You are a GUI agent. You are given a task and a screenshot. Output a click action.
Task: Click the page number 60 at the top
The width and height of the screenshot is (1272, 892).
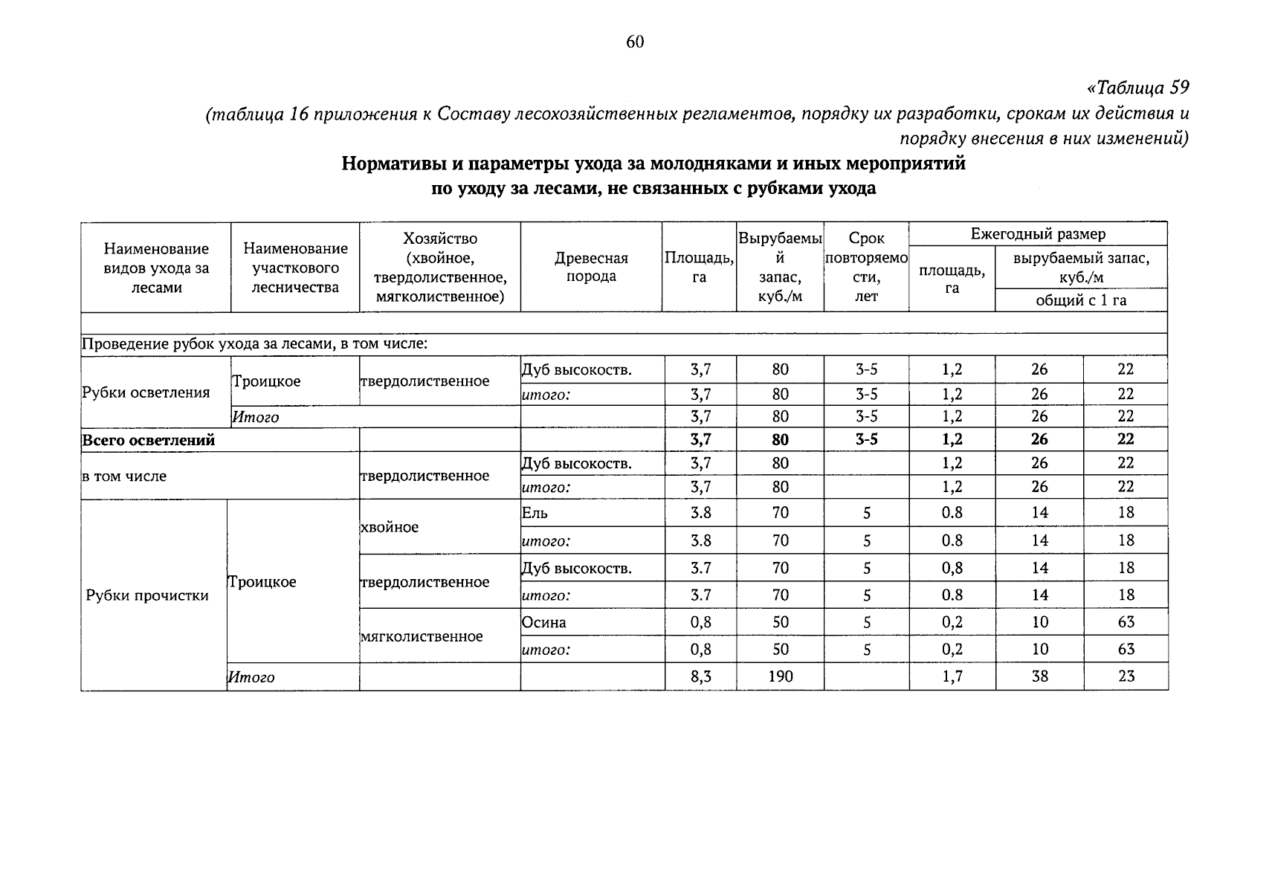coord(635,42)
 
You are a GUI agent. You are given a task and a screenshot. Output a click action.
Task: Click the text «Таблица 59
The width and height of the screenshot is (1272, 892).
coord(1137,88)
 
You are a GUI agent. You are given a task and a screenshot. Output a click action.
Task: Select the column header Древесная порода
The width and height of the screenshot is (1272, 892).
coord(591,267)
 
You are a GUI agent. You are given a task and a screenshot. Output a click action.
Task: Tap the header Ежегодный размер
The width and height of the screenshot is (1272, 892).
coord(1038,234)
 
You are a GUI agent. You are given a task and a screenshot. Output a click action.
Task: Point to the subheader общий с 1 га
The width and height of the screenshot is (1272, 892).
coord(1081,300)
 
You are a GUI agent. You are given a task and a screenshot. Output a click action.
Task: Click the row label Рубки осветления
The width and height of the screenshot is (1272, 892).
coord(146,392)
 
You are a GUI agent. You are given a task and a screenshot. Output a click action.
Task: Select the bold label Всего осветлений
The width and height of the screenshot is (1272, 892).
coord(148,440)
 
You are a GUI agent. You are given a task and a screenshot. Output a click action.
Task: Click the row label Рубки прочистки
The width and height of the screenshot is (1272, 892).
coord(147,595)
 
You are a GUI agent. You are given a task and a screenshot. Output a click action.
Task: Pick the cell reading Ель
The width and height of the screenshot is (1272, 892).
coord(535,513)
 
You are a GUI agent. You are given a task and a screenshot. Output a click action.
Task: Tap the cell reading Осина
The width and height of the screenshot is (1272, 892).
coord(543,622)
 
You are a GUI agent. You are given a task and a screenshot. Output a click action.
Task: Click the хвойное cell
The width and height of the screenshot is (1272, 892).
coord(389,527)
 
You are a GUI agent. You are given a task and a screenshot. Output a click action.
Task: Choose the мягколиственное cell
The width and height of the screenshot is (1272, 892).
coord(421,636)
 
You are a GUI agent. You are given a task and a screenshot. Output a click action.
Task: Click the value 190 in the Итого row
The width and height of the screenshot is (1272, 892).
coord(780,676)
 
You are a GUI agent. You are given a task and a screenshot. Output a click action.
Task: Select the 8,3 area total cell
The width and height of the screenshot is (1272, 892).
coord(700,676)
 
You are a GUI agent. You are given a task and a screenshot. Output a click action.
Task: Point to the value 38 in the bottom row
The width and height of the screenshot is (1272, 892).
coord(1039,676)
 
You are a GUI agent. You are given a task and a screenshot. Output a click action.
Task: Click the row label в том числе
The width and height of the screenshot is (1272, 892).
coord(124,476)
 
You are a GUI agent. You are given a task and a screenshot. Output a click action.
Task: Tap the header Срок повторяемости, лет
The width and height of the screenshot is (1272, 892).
coord(866,267)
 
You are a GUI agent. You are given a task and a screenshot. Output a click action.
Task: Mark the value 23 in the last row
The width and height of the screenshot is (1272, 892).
coord(1126,676)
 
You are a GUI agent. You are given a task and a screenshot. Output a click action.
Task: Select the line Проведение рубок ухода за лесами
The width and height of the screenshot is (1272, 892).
coord(254,344)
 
